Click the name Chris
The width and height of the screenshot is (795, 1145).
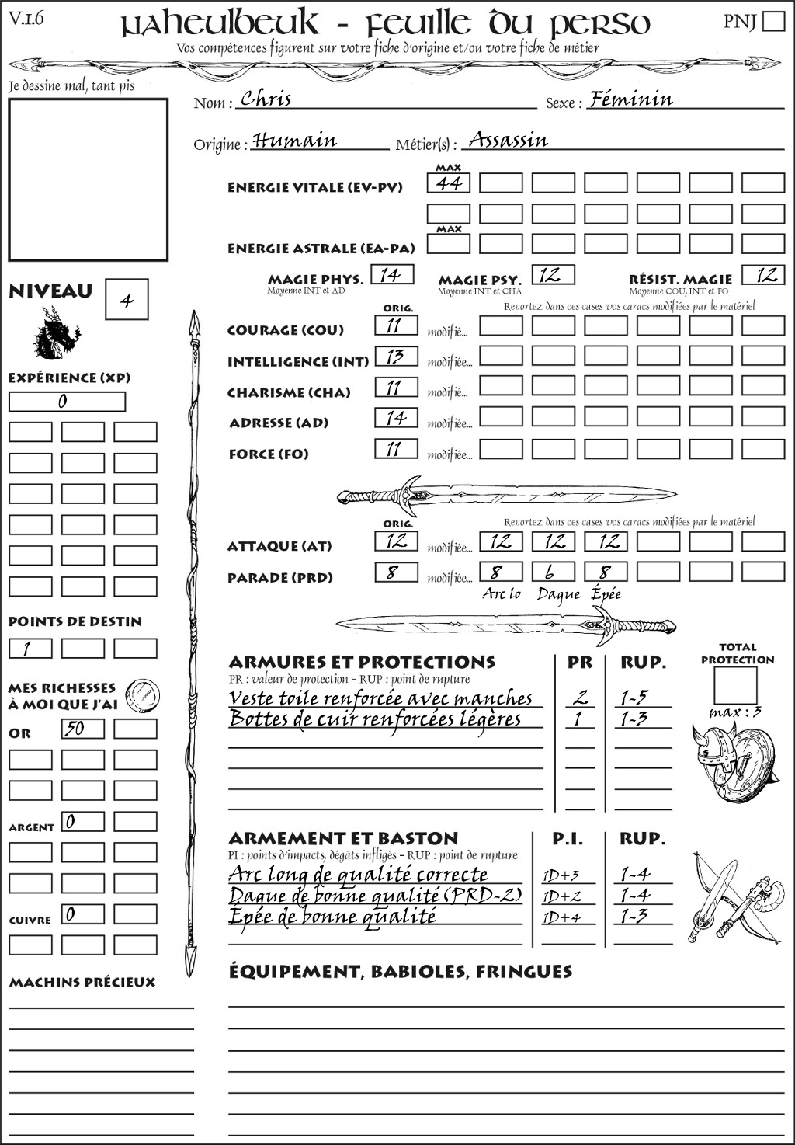(x=266, y=99)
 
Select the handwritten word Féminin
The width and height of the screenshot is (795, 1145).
(x=630, y=99)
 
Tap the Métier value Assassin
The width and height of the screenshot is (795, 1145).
(x=509, y=140)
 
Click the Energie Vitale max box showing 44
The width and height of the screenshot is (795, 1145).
(x=449, y=183)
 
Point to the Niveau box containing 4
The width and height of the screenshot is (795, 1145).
(x=127, y=300)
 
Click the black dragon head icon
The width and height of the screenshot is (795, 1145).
(x=56, y=334)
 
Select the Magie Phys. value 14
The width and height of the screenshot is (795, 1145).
(x=392, y=275)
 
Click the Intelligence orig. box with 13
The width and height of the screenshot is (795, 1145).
(x=396, y=357)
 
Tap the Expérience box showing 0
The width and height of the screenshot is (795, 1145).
(x=67, y=402)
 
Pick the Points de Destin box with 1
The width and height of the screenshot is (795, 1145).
(x=30, y=648)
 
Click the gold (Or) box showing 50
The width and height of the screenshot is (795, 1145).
(x=83, y=729)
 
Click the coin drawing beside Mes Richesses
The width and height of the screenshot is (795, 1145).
(x=143, y=693)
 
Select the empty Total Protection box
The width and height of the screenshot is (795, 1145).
(x=736, y=686)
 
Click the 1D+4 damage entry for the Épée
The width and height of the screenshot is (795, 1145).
(x=561, y=917)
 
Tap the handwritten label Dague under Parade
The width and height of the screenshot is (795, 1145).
(x=557, y=595)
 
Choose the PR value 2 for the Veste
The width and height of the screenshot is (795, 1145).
(x=580, y=697)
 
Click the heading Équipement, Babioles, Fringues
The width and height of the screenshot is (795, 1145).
(x=400, y=972)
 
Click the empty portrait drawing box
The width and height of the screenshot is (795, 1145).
(x=88, y=179)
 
